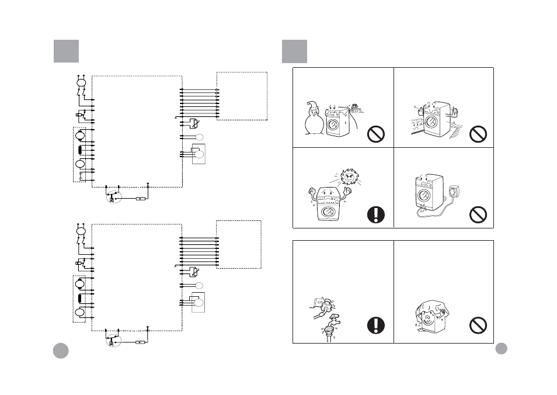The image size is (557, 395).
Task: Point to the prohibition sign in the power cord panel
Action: [478, 215]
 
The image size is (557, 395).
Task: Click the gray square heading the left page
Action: [66, 51]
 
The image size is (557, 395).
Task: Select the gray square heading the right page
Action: [294, 51]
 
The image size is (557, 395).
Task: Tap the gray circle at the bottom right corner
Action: [501, 348]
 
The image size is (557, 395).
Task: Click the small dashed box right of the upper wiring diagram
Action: [242, 96]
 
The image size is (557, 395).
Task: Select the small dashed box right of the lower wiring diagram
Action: [239, 244]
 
